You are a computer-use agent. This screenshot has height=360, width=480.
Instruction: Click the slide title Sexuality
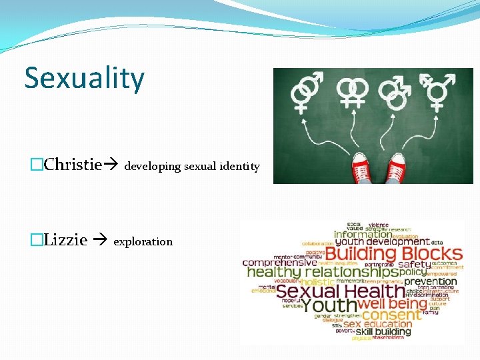coord(84,79)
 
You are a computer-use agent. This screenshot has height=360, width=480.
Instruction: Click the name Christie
coord(75,165)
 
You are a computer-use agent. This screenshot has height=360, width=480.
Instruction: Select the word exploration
coord(143,241)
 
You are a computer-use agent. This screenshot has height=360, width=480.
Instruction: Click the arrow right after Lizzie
coord(99,241)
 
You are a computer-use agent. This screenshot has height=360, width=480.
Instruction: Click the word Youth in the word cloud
coord(329,305)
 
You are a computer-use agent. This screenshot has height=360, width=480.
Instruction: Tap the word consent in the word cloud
coord(391,314)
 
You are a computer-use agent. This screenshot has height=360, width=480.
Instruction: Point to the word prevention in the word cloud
coord(431,281)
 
